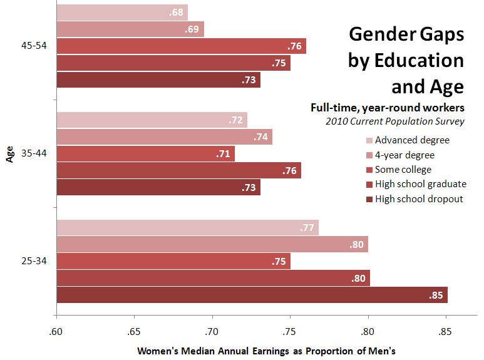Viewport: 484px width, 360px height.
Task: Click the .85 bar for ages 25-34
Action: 252,295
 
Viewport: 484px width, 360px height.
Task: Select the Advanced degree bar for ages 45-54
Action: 122,13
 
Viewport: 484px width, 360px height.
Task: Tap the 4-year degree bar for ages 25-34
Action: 212,244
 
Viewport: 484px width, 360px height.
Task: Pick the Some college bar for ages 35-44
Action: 145,153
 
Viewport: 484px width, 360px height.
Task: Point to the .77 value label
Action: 307,228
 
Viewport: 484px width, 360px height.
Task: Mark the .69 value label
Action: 192,29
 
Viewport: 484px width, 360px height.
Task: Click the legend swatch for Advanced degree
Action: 369,140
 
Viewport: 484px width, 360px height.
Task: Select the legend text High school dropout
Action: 419,198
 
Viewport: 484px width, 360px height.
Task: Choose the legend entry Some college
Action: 403,169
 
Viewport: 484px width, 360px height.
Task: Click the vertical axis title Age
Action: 10,153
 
